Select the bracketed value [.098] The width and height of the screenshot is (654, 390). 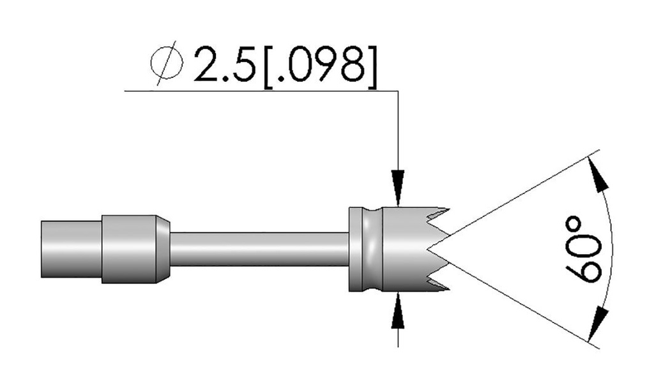pos(317,64)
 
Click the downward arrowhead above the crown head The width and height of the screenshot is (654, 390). pos(398,194)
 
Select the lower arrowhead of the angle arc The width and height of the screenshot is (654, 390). pos(597,322)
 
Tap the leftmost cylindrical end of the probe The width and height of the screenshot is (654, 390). pos(70,250)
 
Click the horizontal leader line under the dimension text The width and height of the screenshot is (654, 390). pos(255,91)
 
